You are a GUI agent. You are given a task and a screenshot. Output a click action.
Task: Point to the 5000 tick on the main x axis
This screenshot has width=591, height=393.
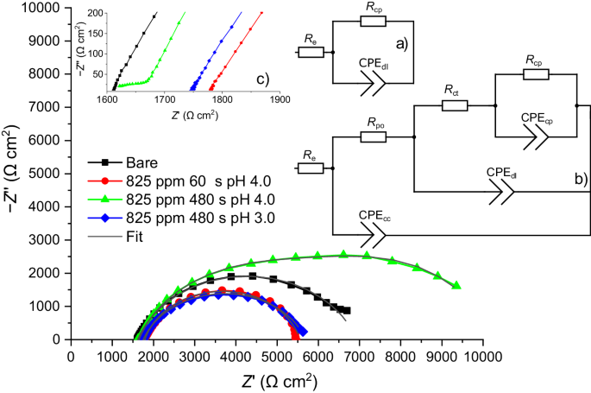tap(275, 354)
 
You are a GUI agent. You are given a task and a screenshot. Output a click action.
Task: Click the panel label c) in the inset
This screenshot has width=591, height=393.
tap(262, 79)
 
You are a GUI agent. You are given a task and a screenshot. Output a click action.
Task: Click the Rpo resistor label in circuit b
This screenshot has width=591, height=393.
tap(375, 124)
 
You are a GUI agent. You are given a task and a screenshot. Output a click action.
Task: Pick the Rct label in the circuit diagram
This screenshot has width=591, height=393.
tap(452, 89)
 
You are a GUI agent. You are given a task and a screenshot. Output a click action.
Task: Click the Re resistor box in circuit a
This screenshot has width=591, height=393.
tap(312, 52)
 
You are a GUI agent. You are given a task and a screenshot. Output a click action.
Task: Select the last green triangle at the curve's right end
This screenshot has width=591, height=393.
tap(456, 286)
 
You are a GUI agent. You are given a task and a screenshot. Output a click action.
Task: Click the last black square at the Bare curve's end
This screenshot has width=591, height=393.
tap(346, 310)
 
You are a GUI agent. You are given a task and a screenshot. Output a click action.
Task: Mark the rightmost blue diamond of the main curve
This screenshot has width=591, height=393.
tap(303, 333)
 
